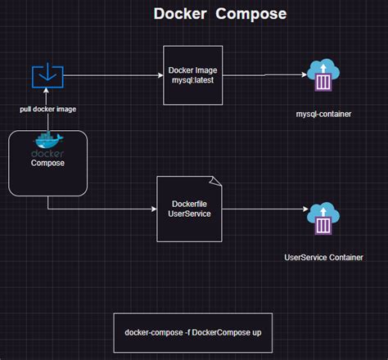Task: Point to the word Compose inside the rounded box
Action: click(47, 163)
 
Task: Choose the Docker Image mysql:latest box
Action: click(192, 76)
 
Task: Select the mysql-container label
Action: click(323, 114)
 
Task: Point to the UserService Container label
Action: click(324, 257)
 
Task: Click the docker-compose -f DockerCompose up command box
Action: click(192, 332)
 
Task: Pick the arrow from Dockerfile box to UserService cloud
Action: click(262, 209)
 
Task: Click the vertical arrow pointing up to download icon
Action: click(47, 119)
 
